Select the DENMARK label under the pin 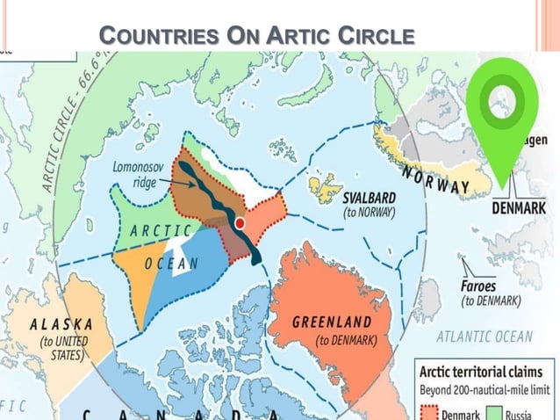point(518,207)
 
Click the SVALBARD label point(368,198)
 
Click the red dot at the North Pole point(239,223)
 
